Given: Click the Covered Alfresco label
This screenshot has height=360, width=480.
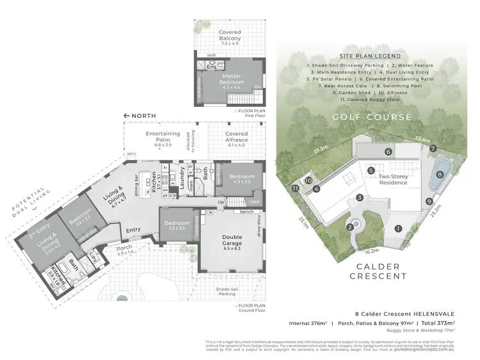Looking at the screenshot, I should point(237,138).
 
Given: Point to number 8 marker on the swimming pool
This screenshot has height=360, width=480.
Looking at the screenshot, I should point(438,173).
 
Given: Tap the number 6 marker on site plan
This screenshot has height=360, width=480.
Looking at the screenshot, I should point(388,152).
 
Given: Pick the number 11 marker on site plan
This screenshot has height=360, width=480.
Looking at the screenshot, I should point(295,189).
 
